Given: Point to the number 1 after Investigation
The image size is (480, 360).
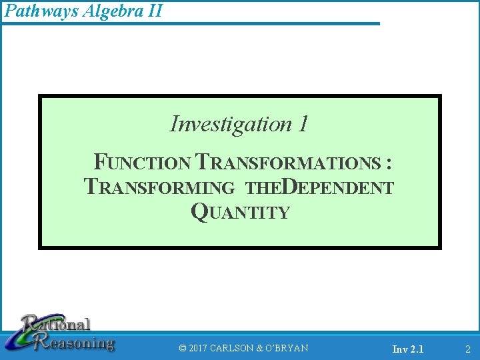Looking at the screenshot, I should click(303, 124).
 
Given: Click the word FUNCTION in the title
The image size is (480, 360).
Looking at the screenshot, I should click(143, 163).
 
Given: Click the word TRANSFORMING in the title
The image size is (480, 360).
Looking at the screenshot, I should click(160, 188).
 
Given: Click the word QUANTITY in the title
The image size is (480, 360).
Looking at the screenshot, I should click(240, 212).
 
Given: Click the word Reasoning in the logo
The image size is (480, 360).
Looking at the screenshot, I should click(77, 343).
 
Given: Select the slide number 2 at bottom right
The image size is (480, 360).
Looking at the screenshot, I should click(467, 349).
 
